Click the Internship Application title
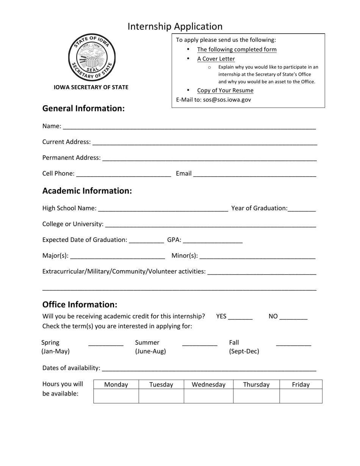(x=175, y=27)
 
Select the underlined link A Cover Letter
(x=216, y=59)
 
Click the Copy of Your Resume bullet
(x=225, y=90)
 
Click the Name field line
(x=189, y=127)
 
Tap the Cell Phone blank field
(x=124, y=174)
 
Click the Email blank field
(x=255, y=174)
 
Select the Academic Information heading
(x=87, y=191)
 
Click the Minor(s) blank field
(x=257, y=256)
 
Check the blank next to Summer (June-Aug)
(x=200, y=344)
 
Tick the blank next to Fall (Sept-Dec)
(x=294, y=344)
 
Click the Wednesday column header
(x=208, y=385)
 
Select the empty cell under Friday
(x=301, y=396)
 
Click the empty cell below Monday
(x=116, y=396)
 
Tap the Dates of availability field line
(x=209, y=369)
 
